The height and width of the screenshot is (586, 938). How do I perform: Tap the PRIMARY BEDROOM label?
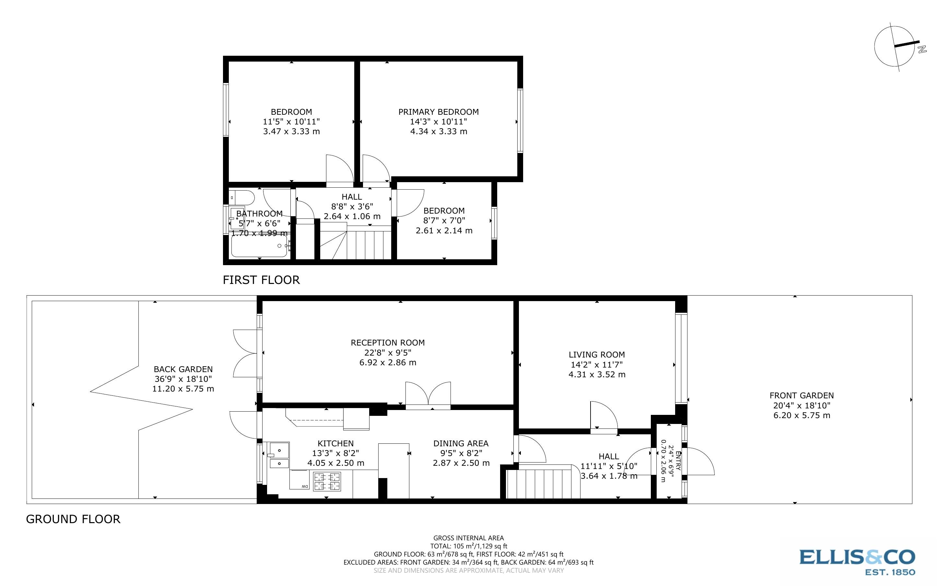[438, 112]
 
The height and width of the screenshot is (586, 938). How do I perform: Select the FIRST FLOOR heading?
[261, 280]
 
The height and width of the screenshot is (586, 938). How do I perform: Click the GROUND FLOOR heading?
[73, 519]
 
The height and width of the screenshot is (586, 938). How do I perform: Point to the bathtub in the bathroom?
[259, 246]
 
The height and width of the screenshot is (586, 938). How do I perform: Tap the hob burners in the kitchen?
[327, 481]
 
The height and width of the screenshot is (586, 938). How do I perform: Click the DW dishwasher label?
[305, 487]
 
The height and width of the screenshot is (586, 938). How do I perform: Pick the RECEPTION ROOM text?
[387, 343]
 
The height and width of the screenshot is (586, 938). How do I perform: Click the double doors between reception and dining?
[428, 396]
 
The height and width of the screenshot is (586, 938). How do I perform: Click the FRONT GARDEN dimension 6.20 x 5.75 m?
[802, 416]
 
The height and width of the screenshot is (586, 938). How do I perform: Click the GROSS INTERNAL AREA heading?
[468, 538]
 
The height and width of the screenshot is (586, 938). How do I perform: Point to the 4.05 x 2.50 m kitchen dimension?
[335, 463]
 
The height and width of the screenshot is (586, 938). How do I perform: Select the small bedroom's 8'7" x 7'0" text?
[444, 220]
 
